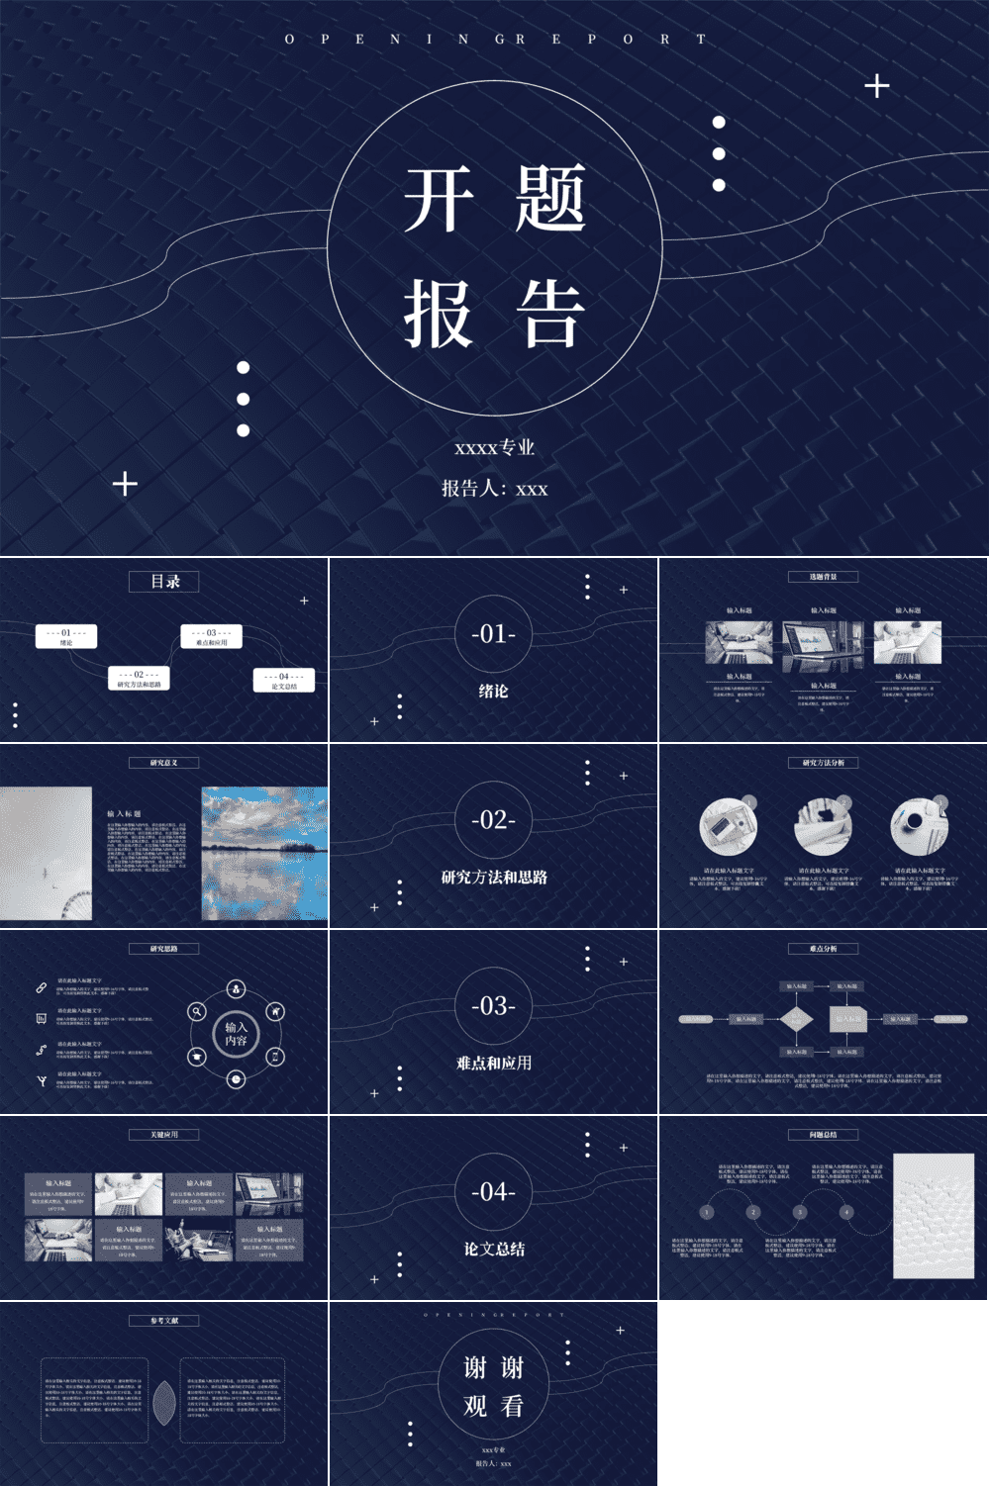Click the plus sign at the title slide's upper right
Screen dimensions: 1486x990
point(876,86)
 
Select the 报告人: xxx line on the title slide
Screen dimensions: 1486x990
point(494,488)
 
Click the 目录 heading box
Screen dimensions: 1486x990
point(164,582)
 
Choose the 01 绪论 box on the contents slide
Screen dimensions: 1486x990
point(66,636)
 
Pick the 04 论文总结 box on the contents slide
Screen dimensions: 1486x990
point(284,681)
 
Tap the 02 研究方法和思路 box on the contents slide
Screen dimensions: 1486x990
point(139,679)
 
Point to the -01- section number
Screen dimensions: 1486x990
point(493,633)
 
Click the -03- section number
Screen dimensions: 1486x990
point(493,1005)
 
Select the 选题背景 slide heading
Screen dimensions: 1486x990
point(823,577)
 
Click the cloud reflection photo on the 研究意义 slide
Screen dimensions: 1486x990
point(264,853)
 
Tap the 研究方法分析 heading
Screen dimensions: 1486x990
point(823,763)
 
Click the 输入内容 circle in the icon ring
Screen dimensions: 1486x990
point(236,1034)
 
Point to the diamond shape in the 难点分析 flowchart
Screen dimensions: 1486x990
point(796,1018)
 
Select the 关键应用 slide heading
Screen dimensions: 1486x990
point(164,1135)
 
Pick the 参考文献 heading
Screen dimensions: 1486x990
point(164,1321)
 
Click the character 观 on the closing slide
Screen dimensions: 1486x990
point(475,1405)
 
